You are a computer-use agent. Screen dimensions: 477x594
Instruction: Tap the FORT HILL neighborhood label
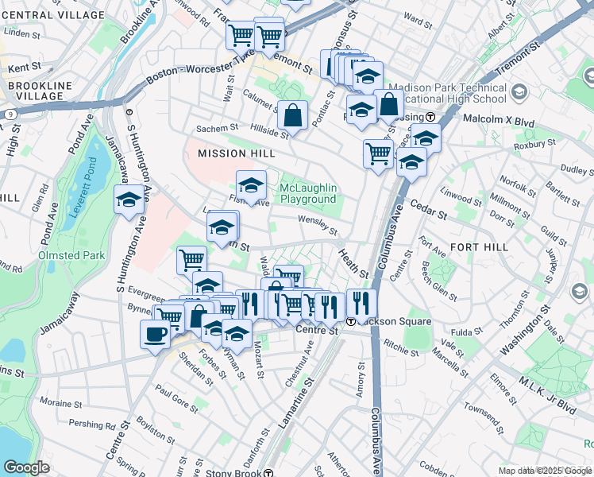pyautogui.click(x=479, y=247)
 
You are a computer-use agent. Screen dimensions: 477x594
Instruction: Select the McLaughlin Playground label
pyautogui.click(x=308, y=193)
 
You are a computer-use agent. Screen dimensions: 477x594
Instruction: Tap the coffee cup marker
pyautogui.click(x=154, y=334)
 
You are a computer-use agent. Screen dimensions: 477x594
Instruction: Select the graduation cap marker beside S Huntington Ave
pyautogui.click(x=129, y=201)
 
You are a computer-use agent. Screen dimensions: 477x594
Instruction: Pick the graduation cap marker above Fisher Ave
pyautogui.click(x=252, y=186)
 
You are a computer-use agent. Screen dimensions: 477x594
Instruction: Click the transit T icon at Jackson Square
pyautogui.click(x=350, y=321)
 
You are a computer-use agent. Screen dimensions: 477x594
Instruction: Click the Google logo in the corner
pyautogui.click(x=26, y=467)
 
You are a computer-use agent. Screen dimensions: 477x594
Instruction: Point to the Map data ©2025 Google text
pyautogui.click(x=545, y=471)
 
